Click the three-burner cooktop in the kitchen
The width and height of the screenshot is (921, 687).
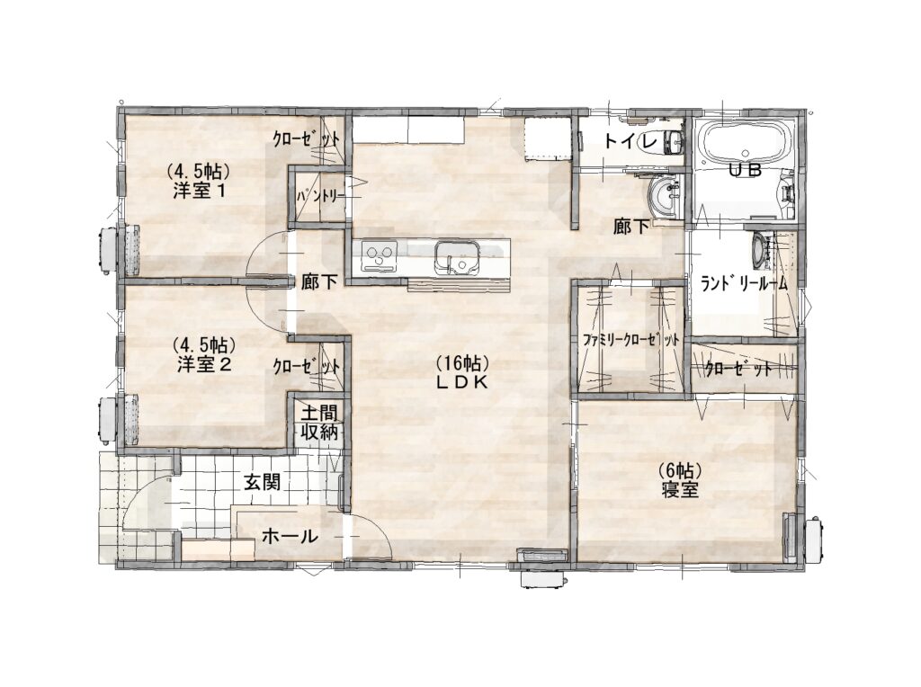click(x=379, y=256)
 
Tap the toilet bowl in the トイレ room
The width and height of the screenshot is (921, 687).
click(x=672, y=141)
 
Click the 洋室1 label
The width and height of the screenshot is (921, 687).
click(x=200, y=191)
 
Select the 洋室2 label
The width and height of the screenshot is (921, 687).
click(x=204, y=365)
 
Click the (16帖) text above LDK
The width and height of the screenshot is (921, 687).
click(x=462, y=363)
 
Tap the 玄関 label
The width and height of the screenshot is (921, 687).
click(x=262, y=483)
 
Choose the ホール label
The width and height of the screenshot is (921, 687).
click(x=290, y=536)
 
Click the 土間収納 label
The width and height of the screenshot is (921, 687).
click(x=319, y=423)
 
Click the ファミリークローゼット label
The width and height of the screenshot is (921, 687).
click(x=631, y=340)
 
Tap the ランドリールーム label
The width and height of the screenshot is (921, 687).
click(x=744, y=283)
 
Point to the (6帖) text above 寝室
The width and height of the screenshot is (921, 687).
click(x=680, y=470)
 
